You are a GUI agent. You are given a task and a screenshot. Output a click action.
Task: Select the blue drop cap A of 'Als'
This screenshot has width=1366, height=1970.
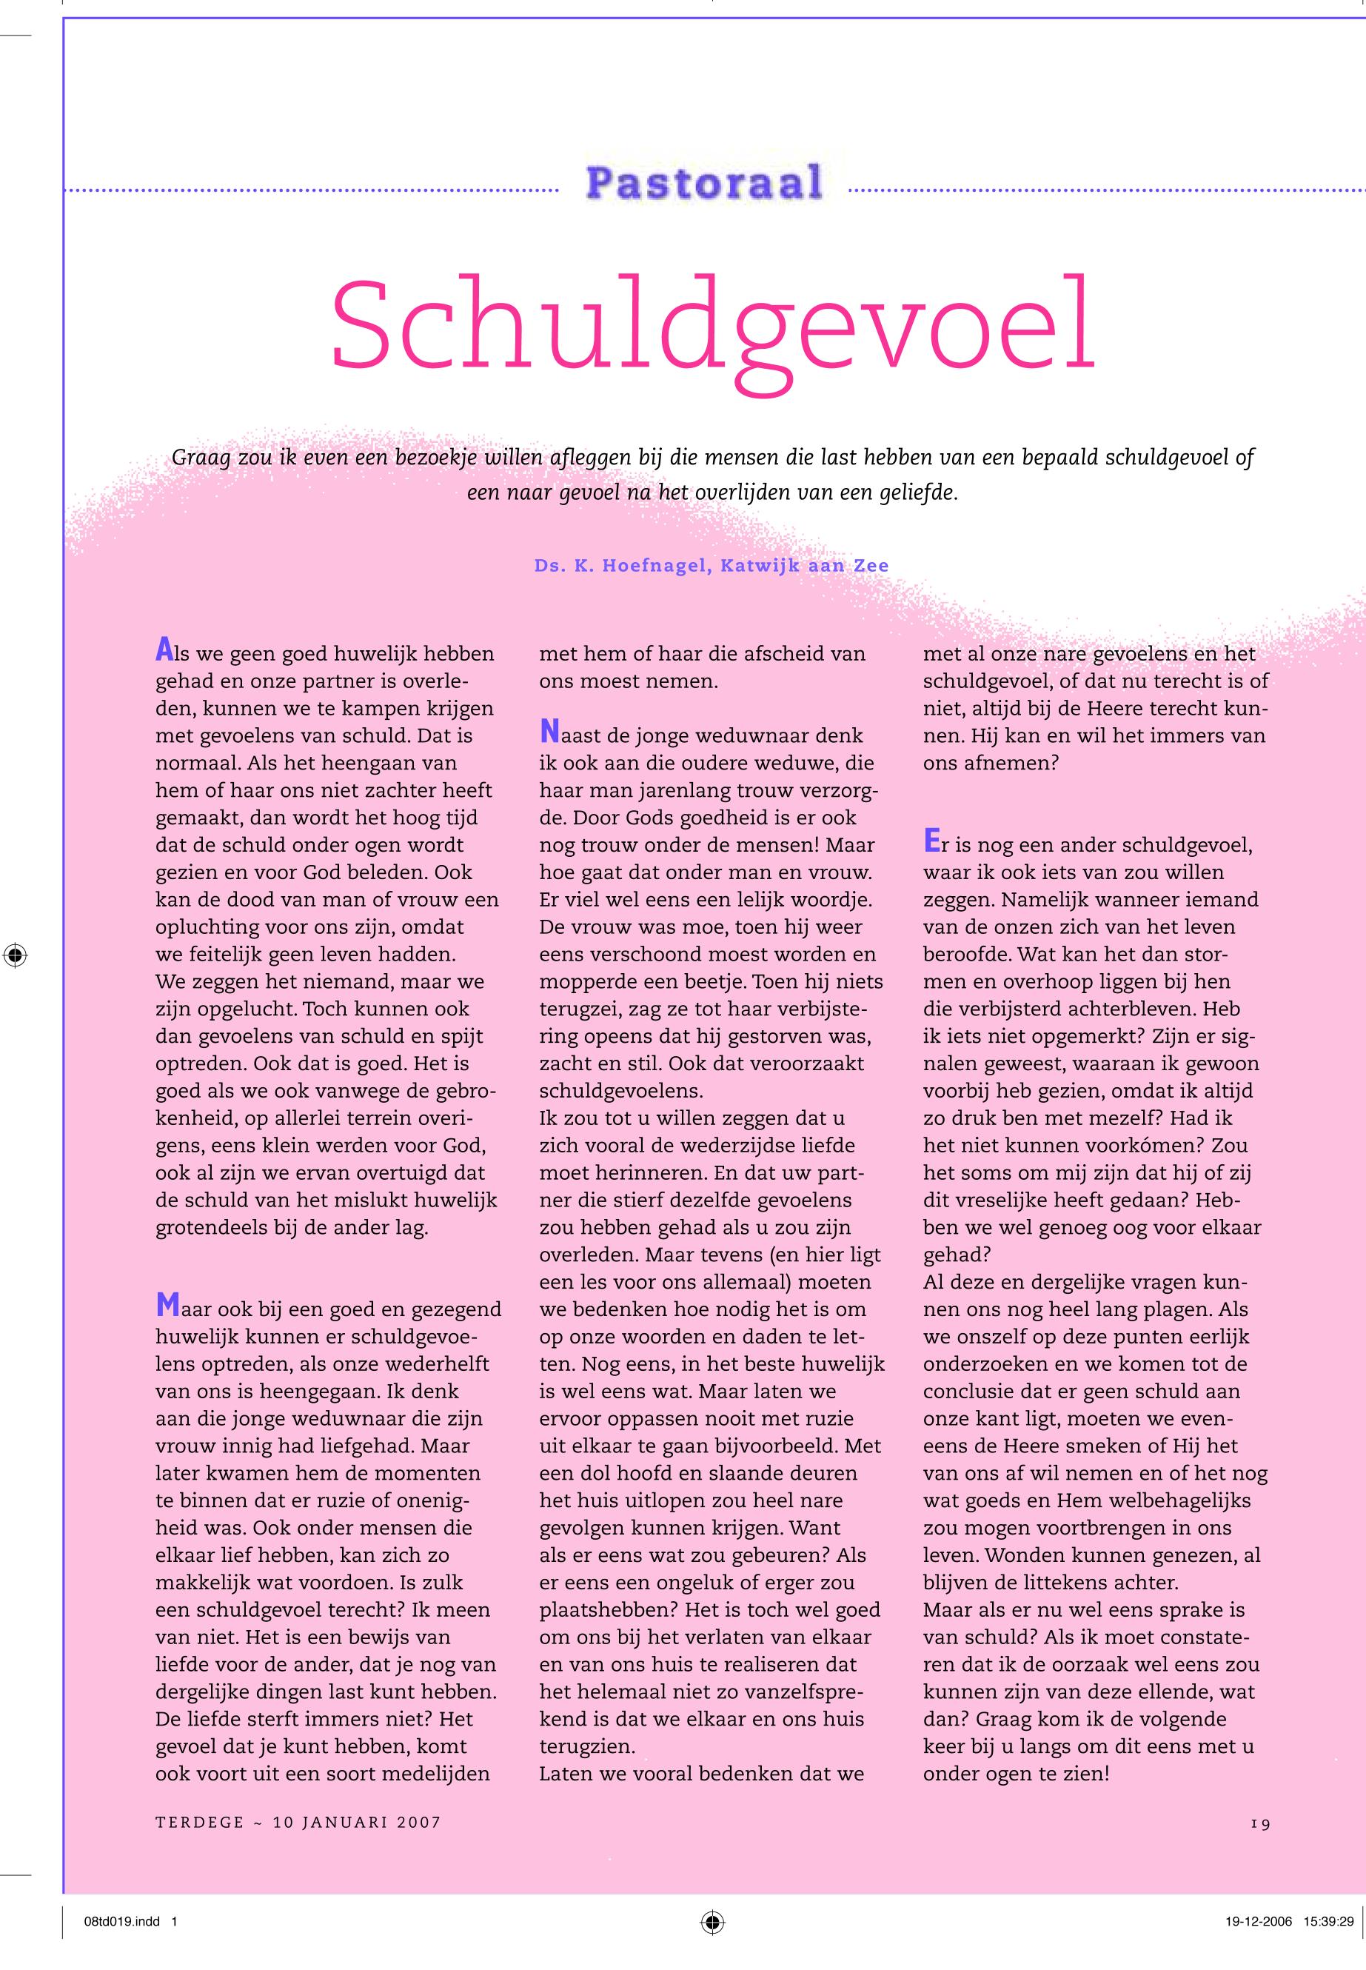click(164, 650)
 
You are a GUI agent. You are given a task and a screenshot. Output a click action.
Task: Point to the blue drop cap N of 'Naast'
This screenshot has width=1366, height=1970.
click(549, 732)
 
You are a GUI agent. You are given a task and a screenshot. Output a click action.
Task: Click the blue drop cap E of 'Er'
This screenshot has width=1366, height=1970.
click(931, 841)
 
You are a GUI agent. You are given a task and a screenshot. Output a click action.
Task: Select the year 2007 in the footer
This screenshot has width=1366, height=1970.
click(418, 1823)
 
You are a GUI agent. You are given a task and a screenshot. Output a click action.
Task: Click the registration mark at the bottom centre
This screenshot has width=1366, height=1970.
click(712, 1922)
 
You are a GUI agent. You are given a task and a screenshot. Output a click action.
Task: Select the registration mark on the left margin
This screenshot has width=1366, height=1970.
click(15, 955)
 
